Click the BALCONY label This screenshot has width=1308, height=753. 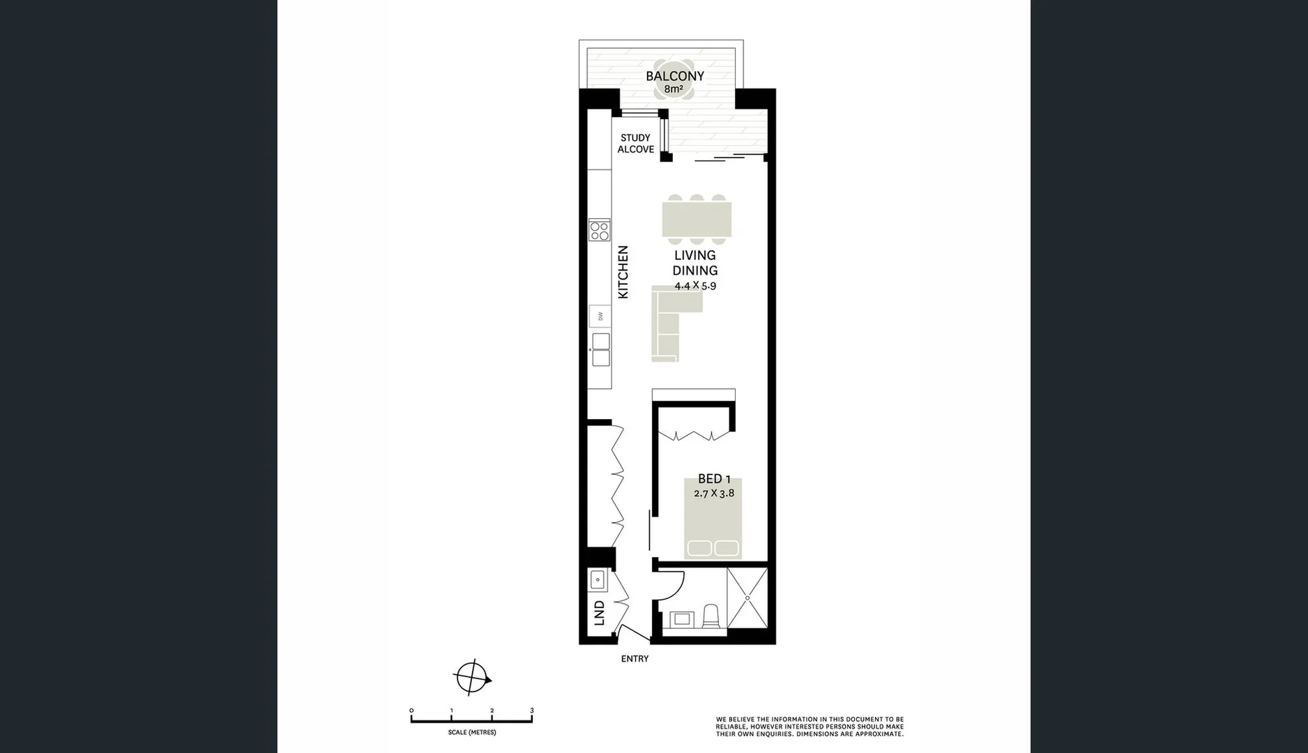click(x=674, y=76)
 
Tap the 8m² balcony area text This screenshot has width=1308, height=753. click(x=673, y=89)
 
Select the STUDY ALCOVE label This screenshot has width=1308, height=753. click(x=635, y=144)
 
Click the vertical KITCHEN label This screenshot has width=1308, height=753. click(x=623, y=272)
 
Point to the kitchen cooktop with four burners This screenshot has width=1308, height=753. click(x=600, y=230)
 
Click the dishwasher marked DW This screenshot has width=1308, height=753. click(x=600, y=317)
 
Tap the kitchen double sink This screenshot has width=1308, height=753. click(x=600, y=349)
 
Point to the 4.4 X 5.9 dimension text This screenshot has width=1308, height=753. click(x=695, y=286)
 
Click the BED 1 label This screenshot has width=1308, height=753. click(x=714, y=479)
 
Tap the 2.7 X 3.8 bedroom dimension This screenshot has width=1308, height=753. click(x=714, y=493)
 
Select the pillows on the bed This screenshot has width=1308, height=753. click(x=713, y=548)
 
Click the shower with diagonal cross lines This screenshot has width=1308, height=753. click(x=747, y=598)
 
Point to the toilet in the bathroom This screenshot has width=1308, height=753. click(x=710, y=616)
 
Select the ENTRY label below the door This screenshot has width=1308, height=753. click(x=634, y=659)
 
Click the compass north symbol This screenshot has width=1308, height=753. click(x=472, y=677)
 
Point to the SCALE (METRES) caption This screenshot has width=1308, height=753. click(x=472, y=733)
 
